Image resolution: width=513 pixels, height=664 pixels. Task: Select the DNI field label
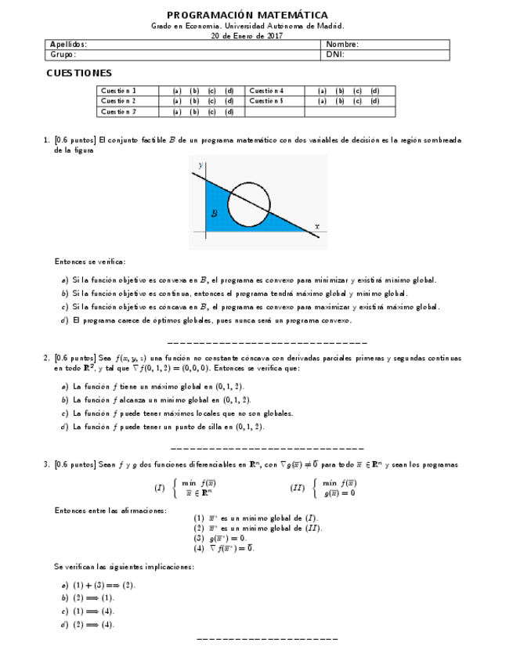click(x=335, y=55)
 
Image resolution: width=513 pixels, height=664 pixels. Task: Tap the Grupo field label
click(x=63, y=55)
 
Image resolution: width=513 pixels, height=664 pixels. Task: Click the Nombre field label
click(x=342, y=45)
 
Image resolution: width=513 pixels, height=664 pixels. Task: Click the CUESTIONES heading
click(x=78, y=73)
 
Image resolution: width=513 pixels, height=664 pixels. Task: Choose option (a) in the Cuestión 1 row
click(x=177, y=91)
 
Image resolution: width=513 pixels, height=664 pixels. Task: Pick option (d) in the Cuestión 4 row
click(x=374, y=91)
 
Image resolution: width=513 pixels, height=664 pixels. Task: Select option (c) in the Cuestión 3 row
click(x=211, y=111)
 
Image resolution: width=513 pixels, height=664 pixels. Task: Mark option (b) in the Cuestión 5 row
click(x=340, y=101)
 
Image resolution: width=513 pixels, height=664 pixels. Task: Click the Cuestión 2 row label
click(x=118, y=101)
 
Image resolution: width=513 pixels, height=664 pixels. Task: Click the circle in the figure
click(x=250, y=203)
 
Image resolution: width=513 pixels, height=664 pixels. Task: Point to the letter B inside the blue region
click(x=214, y=213)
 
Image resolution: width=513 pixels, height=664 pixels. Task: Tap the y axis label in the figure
click(x=201, y=166)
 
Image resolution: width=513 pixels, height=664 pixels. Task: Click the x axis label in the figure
click(x=316, y=226)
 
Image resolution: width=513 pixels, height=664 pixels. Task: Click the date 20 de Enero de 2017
click(x=247, y=35)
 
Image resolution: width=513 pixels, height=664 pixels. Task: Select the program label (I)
click(x=159, y=487)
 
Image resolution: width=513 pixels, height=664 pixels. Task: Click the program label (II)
click(x=297, y=487)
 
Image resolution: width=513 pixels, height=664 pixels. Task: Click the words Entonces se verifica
click(x=89, y=262)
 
